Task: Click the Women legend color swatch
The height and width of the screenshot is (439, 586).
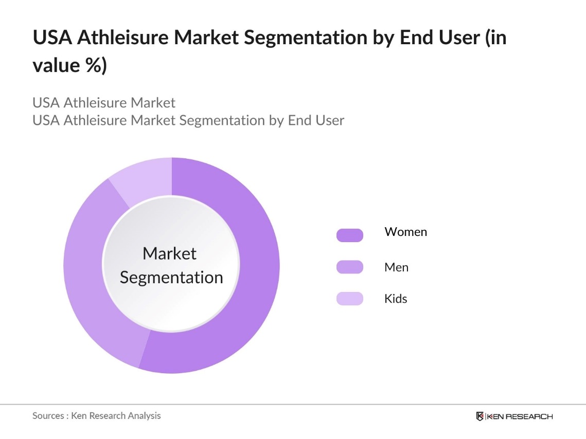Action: [350, 235]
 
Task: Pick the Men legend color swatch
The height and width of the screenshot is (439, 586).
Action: [350, 267]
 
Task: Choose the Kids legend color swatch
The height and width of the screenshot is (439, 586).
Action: [350, 299]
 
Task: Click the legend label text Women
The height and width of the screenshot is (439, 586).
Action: [405, 232]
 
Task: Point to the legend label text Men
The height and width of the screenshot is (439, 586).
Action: [396, 267]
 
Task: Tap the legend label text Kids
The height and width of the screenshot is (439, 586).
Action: [396, 299]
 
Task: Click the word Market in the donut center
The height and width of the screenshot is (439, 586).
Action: [169, 253]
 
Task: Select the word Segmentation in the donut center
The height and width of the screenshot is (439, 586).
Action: [171, 278]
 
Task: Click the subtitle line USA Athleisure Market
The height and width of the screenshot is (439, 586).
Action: [104, 103]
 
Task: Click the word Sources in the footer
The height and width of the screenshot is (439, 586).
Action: [48, 416]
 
